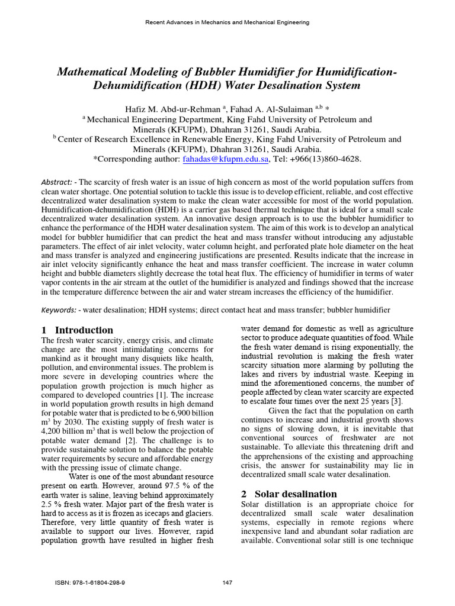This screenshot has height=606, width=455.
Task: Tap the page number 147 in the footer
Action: tap(227, 583)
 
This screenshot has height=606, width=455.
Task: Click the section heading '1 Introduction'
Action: tap(77, 330)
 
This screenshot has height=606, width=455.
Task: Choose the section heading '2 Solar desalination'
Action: tap(289, 494)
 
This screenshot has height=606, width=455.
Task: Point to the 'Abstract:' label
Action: tap(58, 182)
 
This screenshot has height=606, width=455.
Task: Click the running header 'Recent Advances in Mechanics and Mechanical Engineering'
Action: tap(227, 22)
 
